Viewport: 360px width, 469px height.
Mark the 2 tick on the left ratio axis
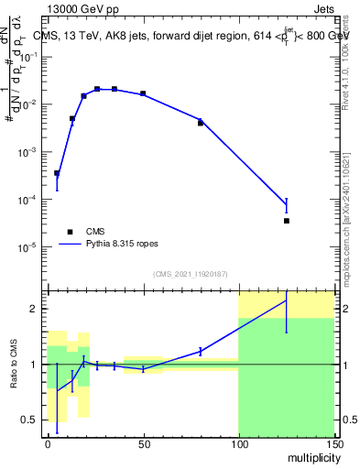[x=37, y=309]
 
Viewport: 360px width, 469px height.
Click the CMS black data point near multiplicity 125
[x=287, y=221]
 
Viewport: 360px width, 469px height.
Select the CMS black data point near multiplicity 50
[x=143, y=93]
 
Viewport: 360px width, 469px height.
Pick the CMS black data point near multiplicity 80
[x=201, y=123]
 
